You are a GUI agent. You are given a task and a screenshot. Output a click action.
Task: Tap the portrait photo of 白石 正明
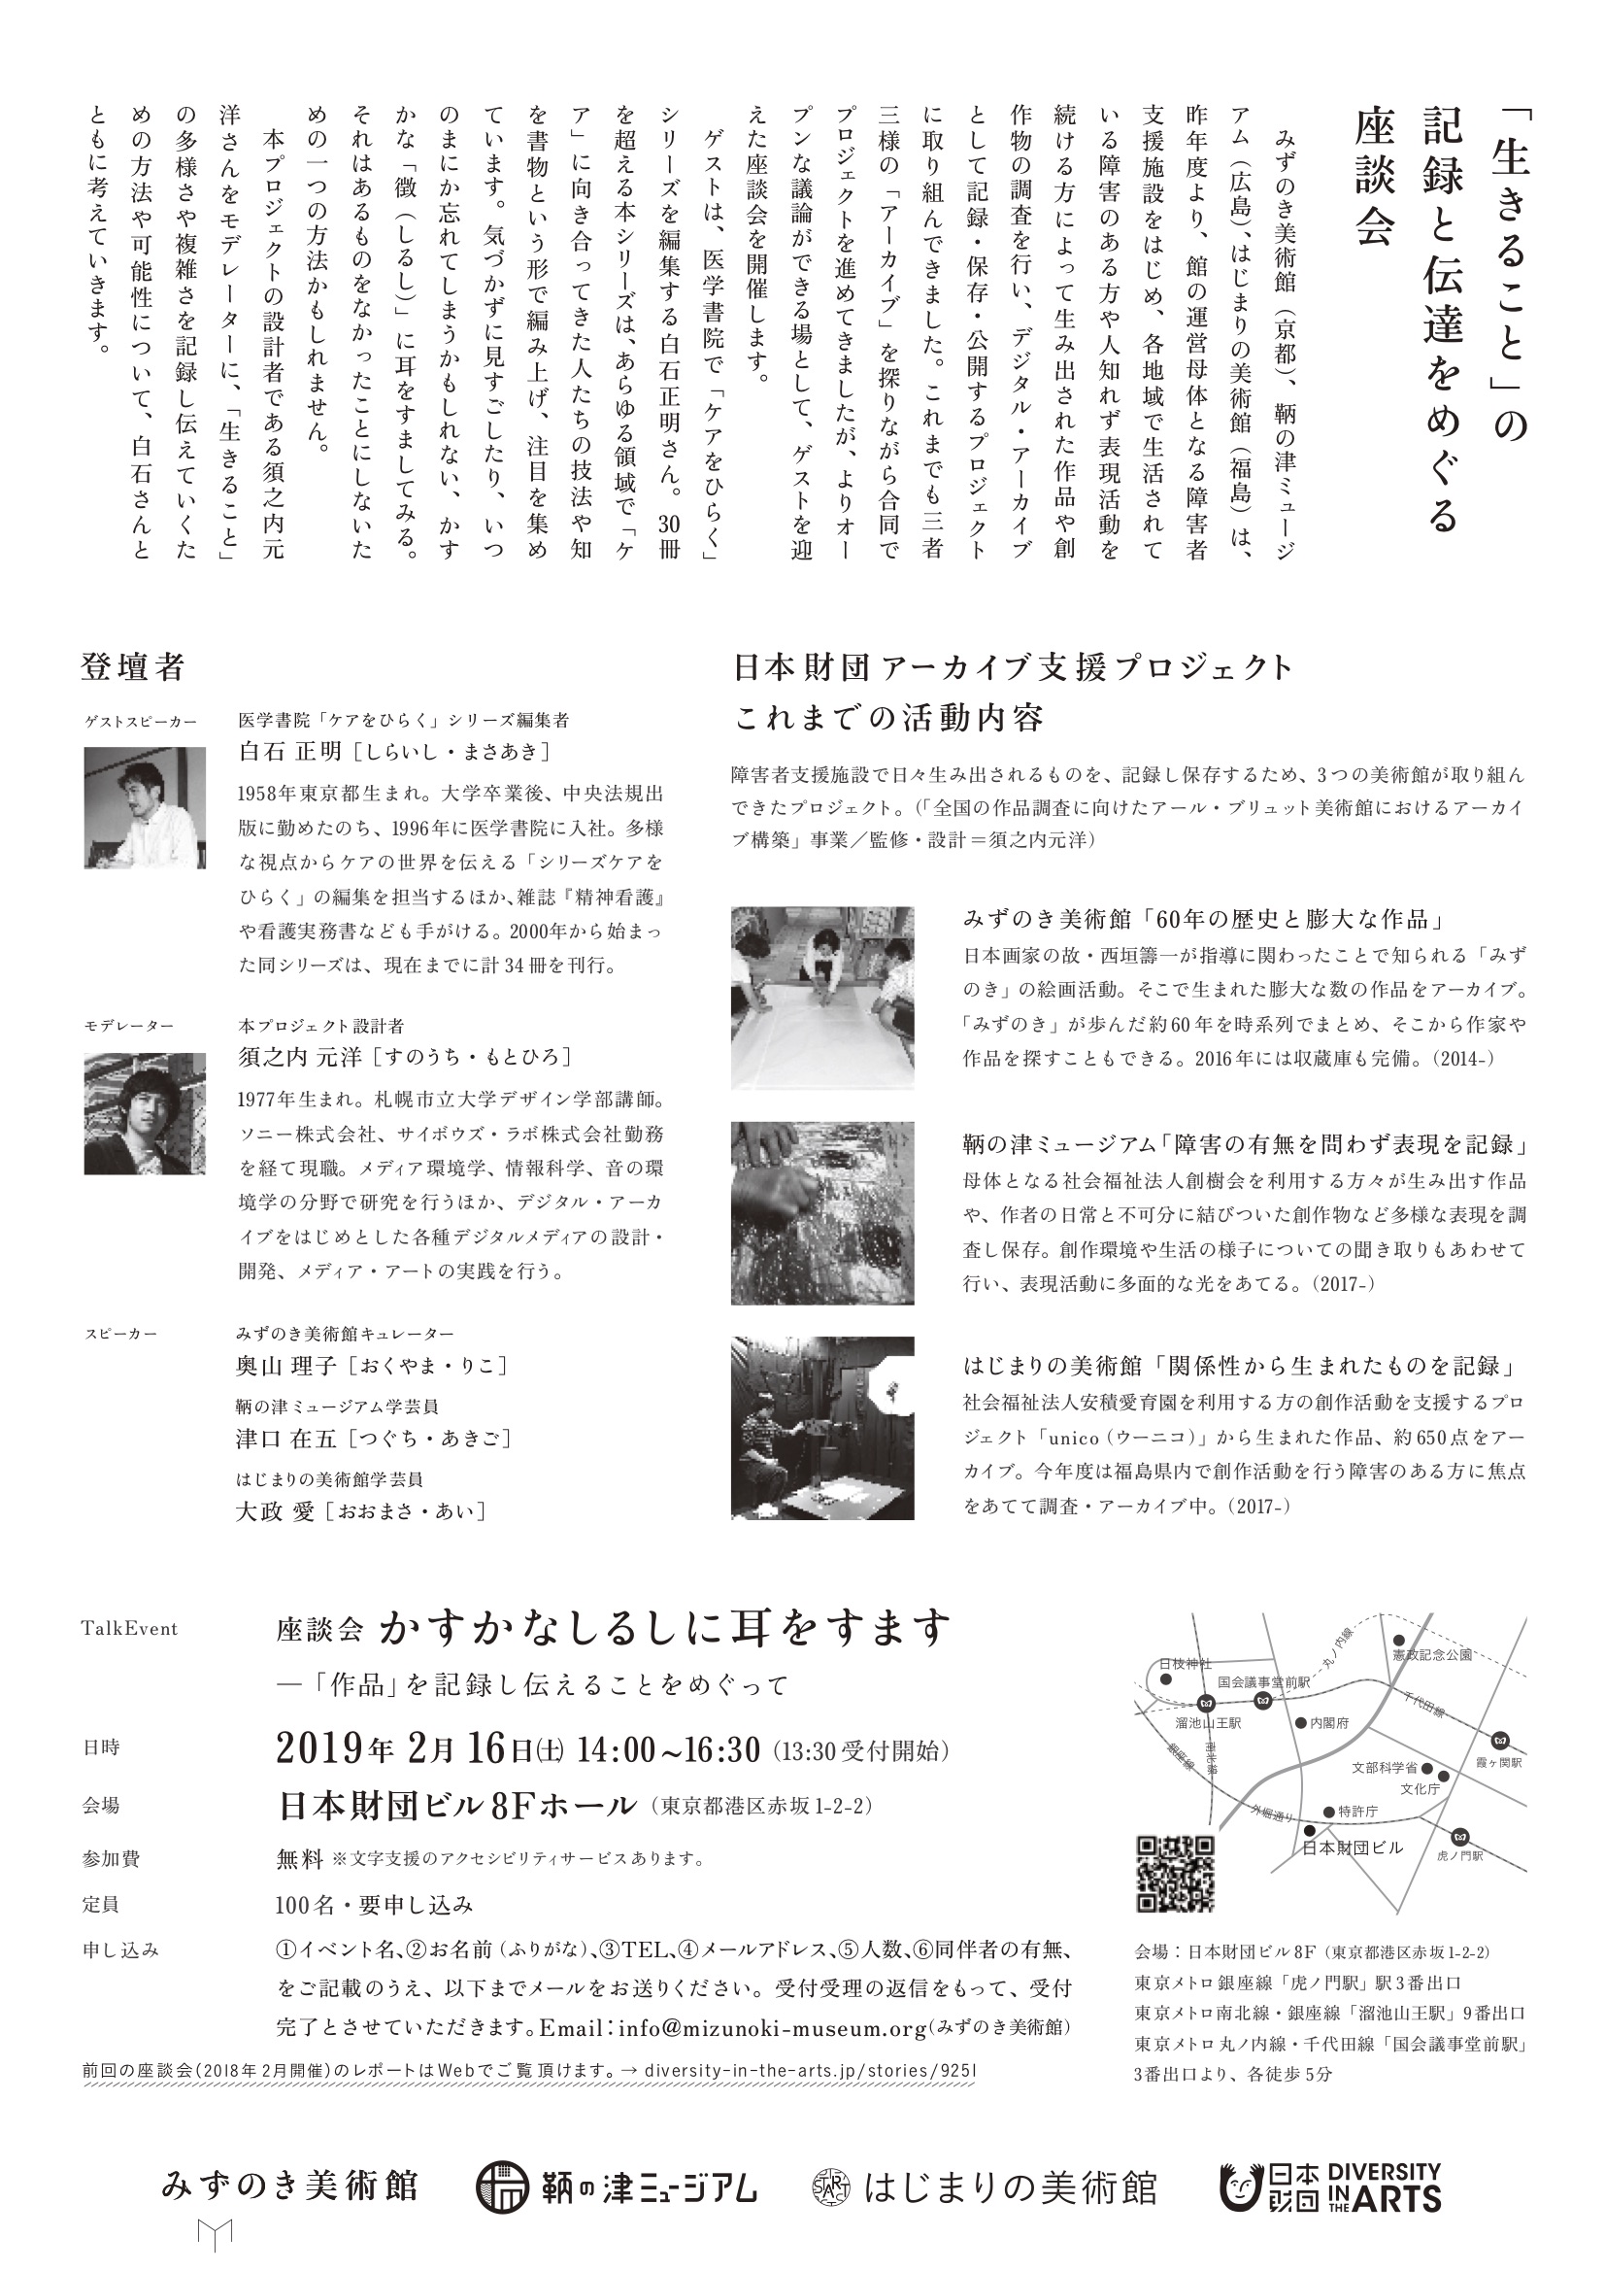point(145,807)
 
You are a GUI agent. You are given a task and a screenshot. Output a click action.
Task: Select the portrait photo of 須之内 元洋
point(145,1113)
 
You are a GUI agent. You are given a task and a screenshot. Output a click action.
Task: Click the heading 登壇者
point(132,667)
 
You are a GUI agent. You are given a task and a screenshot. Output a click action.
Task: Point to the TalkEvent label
point(129,1629)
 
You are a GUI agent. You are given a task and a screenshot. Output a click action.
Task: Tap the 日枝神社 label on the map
point(1185,1664)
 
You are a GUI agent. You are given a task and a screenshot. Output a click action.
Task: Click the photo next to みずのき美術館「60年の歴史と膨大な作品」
point(821,997)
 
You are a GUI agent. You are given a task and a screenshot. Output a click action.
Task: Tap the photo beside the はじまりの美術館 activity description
point(821,1427)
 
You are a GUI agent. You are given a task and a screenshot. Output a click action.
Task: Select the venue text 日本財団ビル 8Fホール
point(457,1805)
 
